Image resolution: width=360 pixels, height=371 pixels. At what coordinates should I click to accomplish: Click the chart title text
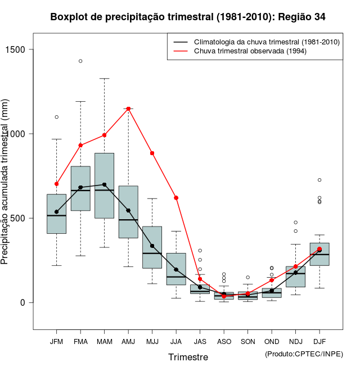[188, 17]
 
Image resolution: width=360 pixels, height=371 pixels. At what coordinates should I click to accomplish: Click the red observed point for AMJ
[128, 108]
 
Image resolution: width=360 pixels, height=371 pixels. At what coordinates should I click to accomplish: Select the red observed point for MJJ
[152, 153]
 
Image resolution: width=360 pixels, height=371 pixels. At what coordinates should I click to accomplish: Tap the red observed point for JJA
[176, 198]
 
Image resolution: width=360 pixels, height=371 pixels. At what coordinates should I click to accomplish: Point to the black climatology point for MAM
[104, 184]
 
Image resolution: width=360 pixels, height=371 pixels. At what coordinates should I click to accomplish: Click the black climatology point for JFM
[56, 212]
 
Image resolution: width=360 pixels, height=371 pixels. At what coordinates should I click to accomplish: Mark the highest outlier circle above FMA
[80, 61]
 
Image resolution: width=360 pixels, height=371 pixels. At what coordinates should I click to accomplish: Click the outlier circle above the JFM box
[56, 117]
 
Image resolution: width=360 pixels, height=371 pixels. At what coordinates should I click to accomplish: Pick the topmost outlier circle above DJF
[319, 180]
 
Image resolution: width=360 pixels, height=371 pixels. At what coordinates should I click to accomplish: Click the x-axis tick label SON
[247, 342]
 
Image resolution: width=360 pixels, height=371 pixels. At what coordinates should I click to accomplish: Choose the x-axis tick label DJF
[319, 342]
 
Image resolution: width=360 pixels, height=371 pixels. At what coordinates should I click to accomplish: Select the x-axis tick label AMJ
[128, 342]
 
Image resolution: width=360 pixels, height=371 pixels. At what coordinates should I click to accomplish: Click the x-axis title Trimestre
[188, 357]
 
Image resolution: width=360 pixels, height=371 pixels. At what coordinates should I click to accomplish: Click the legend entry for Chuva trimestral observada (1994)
[242, 51]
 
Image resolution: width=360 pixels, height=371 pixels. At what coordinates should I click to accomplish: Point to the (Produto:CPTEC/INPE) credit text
[304, 354]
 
